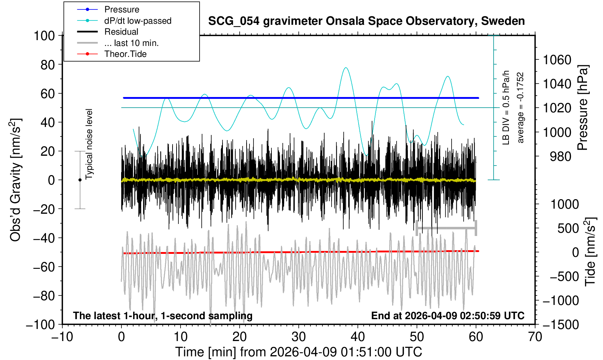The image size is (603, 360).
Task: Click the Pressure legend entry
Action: point(121,9)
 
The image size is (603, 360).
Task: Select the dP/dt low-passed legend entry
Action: point(138,21)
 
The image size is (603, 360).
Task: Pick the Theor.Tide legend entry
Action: point(125,54)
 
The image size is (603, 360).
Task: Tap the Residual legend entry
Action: point(121,32)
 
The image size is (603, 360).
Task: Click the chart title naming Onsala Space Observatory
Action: point(366,21)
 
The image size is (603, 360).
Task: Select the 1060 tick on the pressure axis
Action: point(557,60)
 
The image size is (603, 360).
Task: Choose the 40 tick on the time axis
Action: point(358,336)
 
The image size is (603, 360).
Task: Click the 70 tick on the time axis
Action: point(535,336)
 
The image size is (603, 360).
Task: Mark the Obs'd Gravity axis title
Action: point(16,180)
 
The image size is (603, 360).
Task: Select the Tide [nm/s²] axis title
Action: point(590,252)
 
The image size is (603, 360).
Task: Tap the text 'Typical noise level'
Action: point(89,144)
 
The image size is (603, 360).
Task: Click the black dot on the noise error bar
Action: point(80,180)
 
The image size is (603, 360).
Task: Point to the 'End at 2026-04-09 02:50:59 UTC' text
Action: point(448,316)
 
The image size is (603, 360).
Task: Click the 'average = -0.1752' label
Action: point(520,108)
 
